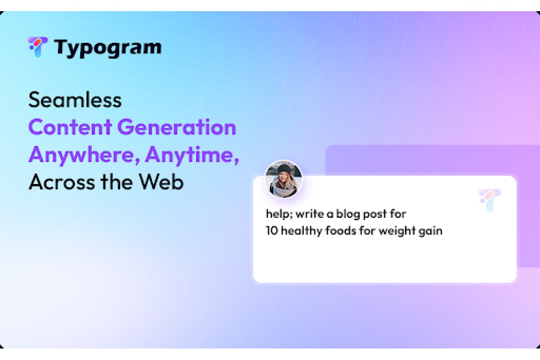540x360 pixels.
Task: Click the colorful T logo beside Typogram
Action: (x=38, y=47)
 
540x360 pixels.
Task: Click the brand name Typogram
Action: (x=108, y=48)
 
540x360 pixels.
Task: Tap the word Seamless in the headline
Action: (x=75, y=100)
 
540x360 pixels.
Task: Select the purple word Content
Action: (x=70, y=127)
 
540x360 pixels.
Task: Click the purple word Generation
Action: (x=177, y=127)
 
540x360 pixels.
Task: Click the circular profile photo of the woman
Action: (x=284, y=179)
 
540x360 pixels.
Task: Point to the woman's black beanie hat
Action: (x=284, y=169)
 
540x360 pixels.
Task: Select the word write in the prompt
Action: (x=310, y=214)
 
